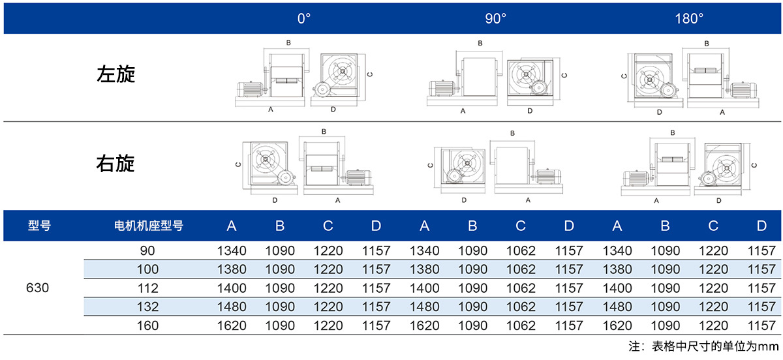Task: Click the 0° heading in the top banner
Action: (304, 18)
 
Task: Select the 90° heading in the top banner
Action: (495, 18)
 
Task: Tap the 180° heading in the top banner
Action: (689, 18)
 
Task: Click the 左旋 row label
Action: (115, 74)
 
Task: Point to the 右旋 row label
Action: (115, 163)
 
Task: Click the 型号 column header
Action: (40, 226)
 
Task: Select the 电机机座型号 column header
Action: (149, 226)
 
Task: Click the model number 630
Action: (37, 288)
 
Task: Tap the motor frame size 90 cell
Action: (147, 250)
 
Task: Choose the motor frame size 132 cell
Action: (147, 307)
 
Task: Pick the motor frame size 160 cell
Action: (147, 325)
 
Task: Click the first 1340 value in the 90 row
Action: (232, 250)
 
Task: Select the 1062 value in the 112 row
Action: (521, 288)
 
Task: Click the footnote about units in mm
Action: (703, 346)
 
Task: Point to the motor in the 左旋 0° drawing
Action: (249, 89)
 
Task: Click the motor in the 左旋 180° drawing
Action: (744, 90)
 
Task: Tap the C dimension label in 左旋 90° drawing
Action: (564, 75)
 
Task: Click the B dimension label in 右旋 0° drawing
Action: (324, 132)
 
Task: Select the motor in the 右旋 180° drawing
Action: (636, 178)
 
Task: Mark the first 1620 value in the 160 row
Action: (232, 325)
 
